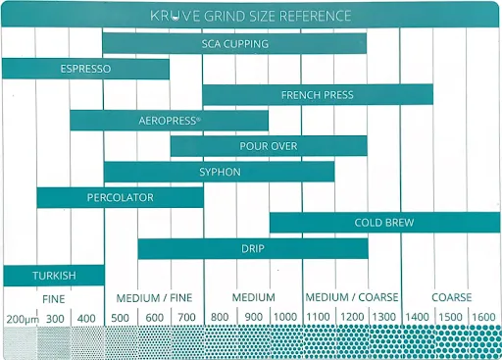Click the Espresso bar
(85, 69)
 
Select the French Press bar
(318, 94)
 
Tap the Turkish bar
(54, 276)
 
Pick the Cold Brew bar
(384, 223)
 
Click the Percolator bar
(120, 197)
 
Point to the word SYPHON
(220, 172)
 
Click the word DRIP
(253, 248)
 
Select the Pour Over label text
(269, 146)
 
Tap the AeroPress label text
(170, 121)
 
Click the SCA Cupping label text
(235, 44)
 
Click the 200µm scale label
(23, 319)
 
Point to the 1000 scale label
(285, 317)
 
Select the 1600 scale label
(483, 317)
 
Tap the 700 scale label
(186, 317)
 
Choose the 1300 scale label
(384, 317)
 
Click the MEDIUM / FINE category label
(154, 298)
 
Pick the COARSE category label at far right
(452, 297)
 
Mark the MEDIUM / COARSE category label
(352, 297)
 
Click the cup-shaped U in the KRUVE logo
(176, 17)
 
